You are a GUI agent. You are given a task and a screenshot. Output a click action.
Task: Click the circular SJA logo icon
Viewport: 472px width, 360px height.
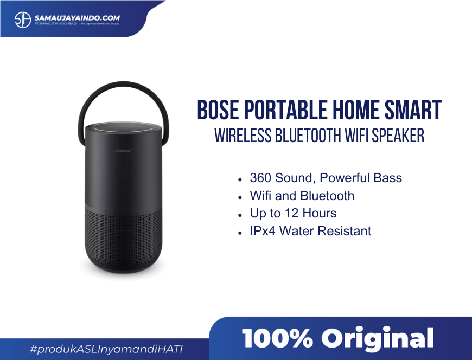click(x=23, y=20)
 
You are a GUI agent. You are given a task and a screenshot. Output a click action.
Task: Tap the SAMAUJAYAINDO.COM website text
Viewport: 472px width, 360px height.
click(x=77, y=18)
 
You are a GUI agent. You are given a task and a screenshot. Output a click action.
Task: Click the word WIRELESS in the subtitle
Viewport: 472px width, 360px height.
click(x=243, y=136)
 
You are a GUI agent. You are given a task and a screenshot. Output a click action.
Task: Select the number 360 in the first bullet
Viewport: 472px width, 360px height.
click(x=260, y=178)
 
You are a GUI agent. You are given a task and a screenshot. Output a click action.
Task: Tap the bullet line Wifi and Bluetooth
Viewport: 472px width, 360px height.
click(x=302, y=196)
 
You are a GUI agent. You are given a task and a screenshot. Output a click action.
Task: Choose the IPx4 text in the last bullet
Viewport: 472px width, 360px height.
click(x=263, y=232)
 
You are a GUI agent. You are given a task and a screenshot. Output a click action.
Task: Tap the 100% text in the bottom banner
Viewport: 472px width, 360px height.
click(x=277, y=338)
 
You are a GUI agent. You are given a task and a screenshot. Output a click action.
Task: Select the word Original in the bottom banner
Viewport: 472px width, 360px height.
click(x=378, y=339)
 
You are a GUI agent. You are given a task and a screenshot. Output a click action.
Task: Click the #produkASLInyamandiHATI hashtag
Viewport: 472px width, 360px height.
click(x=106, y=349)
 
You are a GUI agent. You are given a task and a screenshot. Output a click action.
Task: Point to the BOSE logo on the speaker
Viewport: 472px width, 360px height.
click(x=123, y=151)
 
